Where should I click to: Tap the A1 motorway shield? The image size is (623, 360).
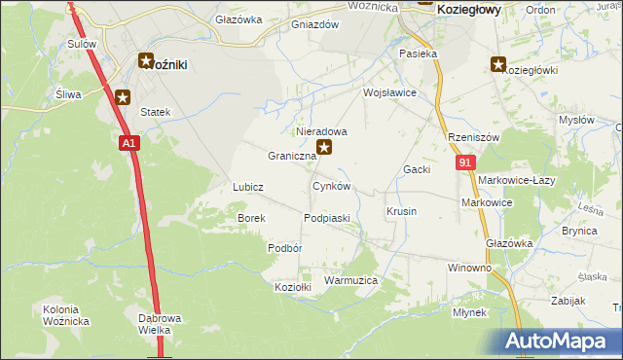(x=130, y=143)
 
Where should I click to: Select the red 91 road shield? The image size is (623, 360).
(x=464, y=162)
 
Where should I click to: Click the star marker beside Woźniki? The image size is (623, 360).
(x=146, y=61)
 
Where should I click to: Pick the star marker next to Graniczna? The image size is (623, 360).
(x=326, y=148)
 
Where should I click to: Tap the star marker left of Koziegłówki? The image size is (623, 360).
(x=498, y=65)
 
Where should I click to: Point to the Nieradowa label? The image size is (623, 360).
(x=321, y=130)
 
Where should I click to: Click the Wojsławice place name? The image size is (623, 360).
(x=389, y=93)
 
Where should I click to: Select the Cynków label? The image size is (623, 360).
(x=331, y=185)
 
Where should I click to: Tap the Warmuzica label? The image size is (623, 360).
(x=350, y=280)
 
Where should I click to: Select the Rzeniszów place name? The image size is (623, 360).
(x=473, y=138)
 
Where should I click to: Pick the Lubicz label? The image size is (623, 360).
(x=248, y=186)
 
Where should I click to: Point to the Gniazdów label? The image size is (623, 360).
(x=314, y=25)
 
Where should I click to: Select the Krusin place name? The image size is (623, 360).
(x=401, y=211)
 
